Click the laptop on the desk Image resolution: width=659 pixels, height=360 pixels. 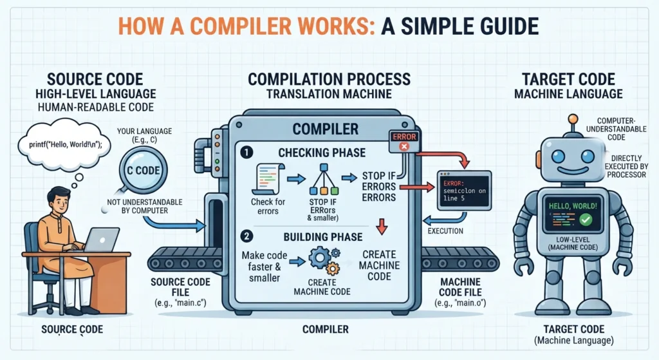(103, 240)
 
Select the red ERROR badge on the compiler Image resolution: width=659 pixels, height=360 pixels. (404, 141)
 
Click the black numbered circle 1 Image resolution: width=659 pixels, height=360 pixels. (246, 152)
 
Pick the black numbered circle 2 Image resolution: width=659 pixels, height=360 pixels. (246, 236)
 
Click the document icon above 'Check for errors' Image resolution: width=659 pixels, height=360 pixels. (268, 179)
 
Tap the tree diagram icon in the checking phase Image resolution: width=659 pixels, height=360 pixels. (324, 179)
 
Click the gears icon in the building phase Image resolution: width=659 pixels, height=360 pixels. (324, 261)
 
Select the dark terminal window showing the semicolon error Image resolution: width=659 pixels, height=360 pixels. (465, 191)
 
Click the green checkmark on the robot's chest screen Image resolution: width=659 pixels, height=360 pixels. (586, 219)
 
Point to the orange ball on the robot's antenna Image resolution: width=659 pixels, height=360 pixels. (572, 119)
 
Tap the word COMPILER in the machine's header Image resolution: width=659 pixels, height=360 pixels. (325, 129)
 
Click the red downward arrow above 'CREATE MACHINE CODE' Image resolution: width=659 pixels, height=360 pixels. (382, 226)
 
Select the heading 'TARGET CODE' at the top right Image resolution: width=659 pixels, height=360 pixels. (568, 79)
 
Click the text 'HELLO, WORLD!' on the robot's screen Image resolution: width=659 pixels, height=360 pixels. (572, 206)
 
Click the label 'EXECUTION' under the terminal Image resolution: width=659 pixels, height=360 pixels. (445, 231)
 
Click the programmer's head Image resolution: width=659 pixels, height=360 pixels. (57, 200)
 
